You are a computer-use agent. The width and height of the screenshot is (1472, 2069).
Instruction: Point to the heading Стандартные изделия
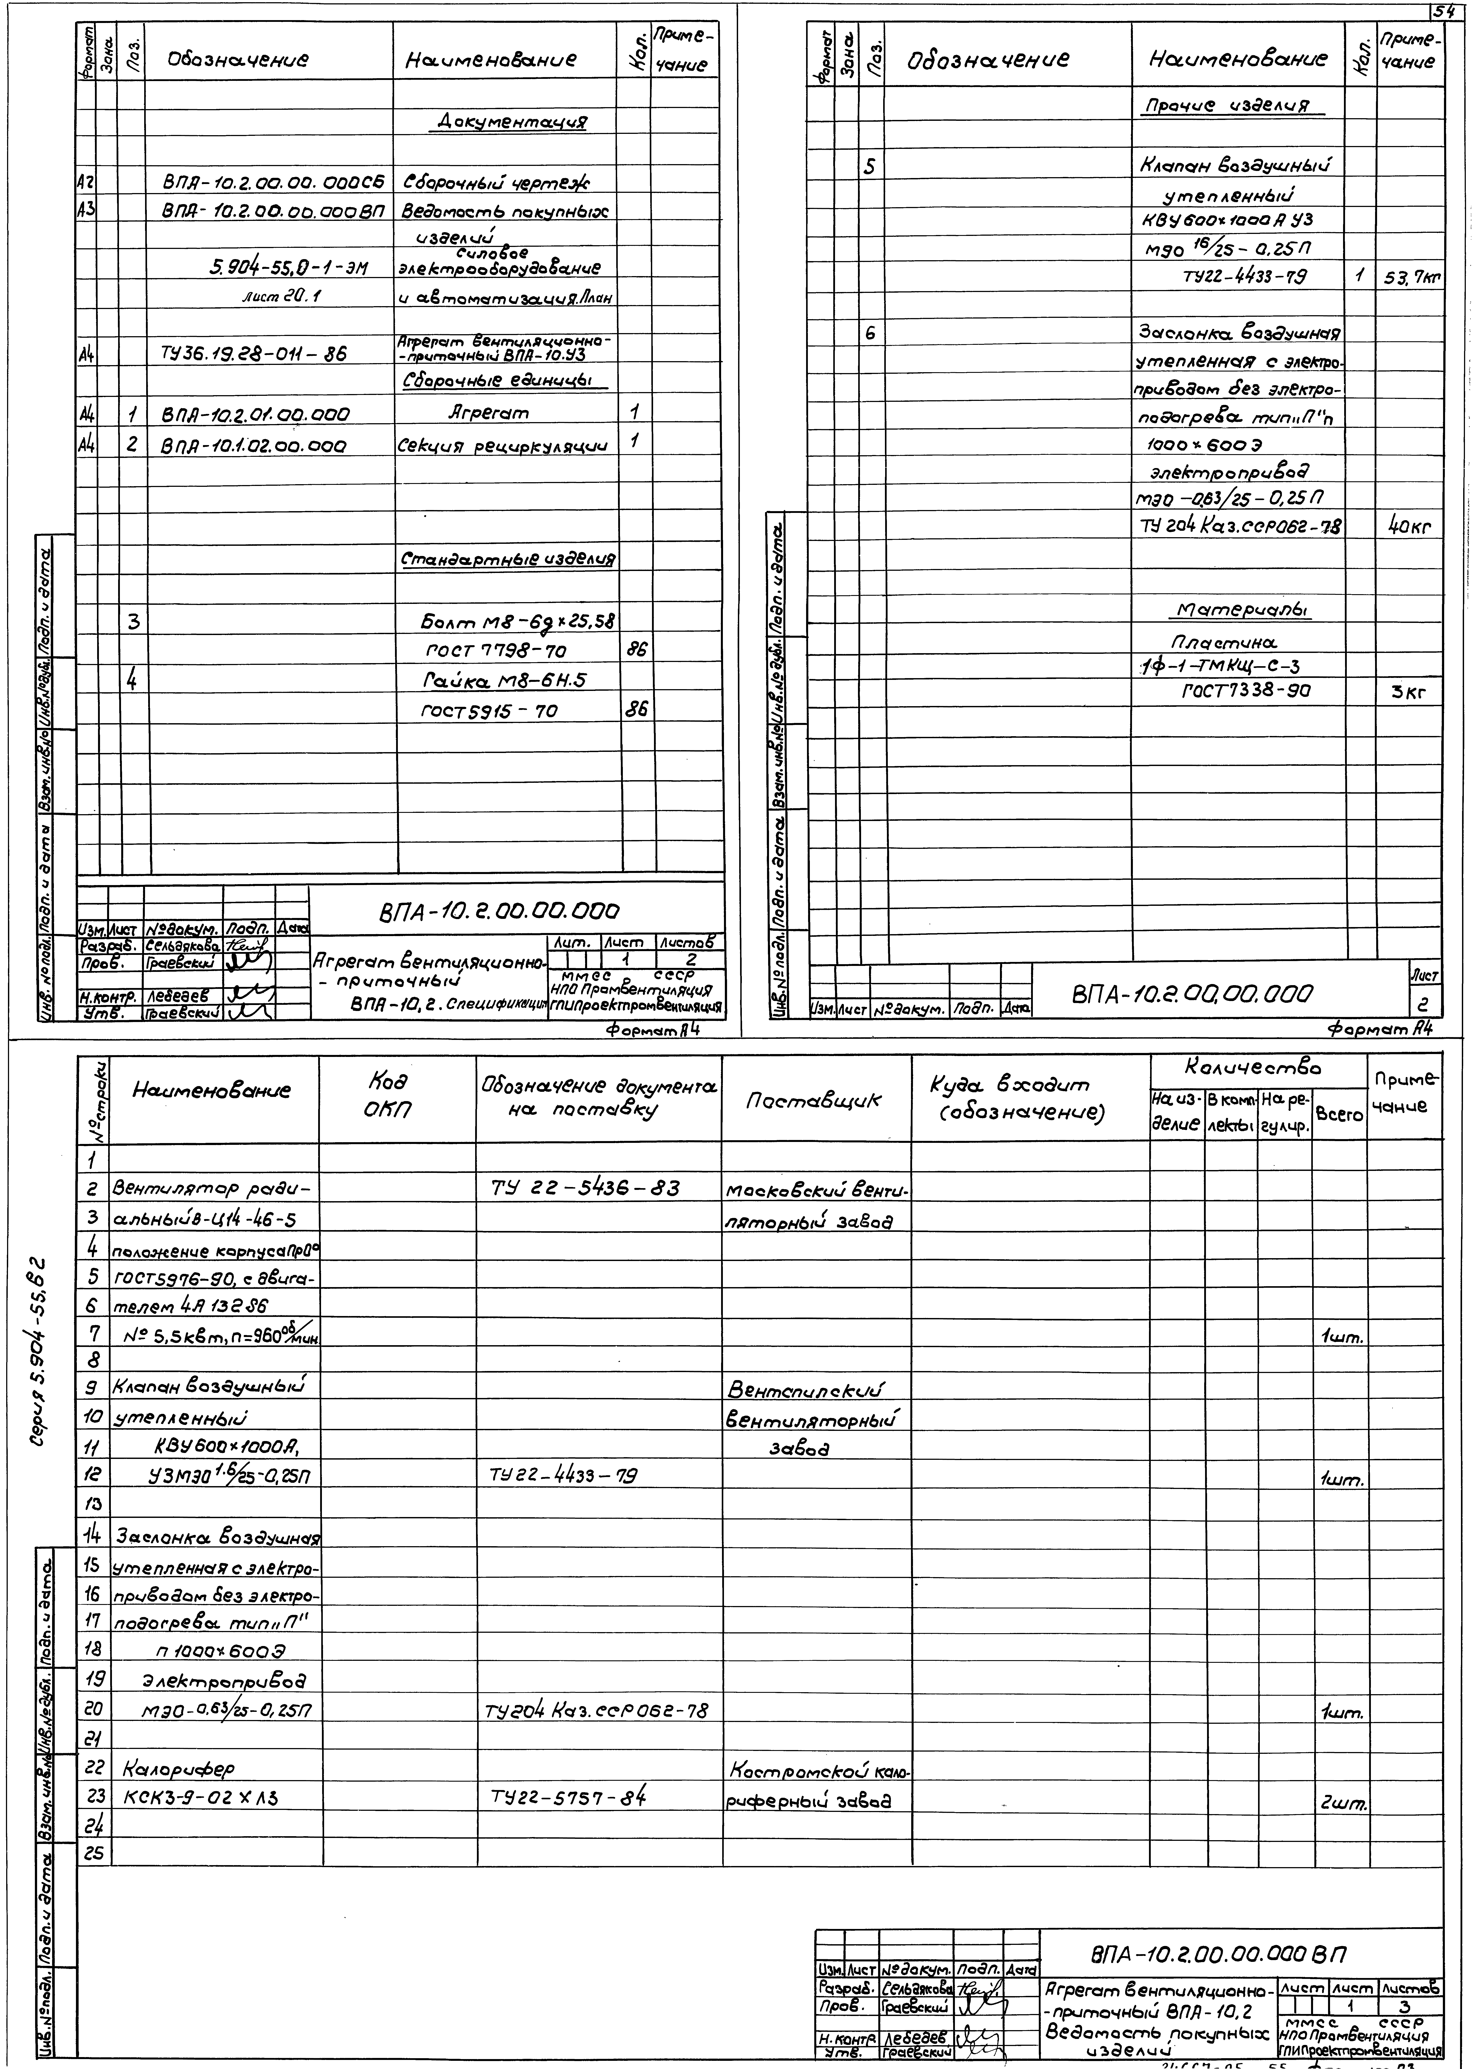(508, 559)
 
